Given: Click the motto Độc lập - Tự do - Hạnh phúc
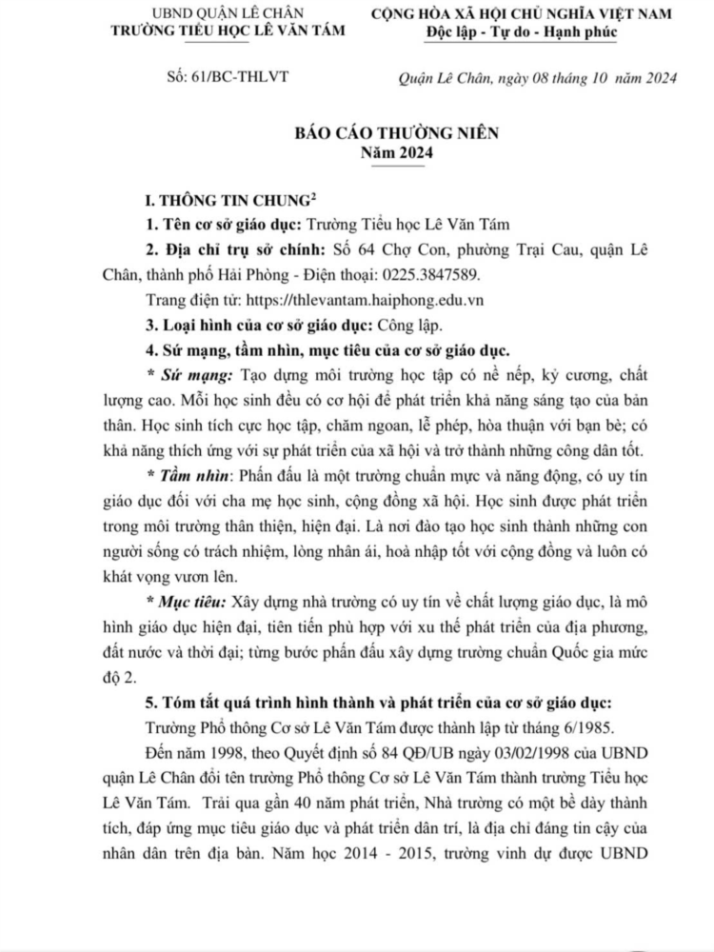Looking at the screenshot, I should pyautogui.click(x=522, y=31).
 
